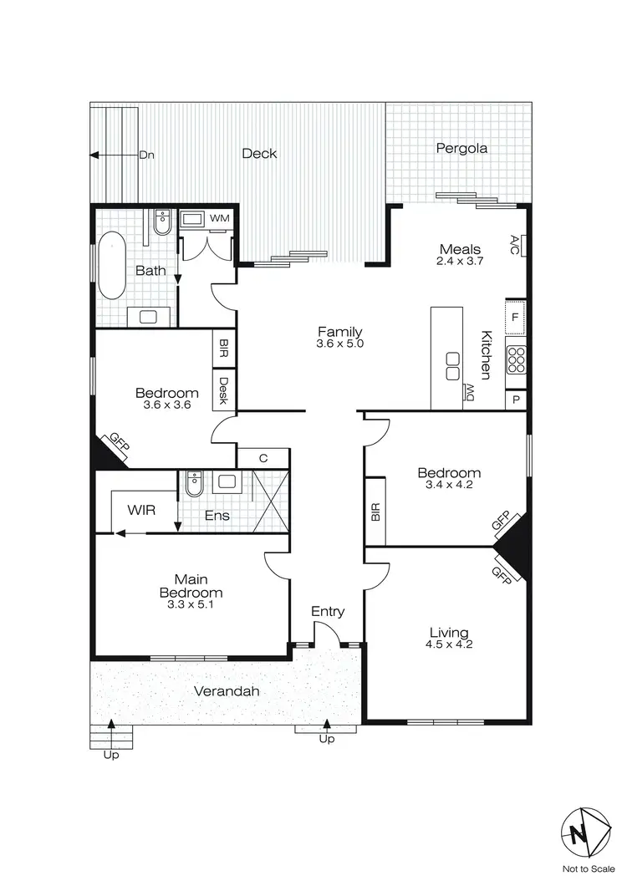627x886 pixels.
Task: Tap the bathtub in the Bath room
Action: (112, 266)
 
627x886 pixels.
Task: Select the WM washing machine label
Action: (219, 218)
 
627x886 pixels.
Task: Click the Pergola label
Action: (461, 149)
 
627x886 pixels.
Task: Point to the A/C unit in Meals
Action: (516, 245)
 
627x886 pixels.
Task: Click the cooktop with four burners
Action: (516, 360)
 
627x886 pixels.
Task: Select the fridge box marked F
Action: (516, 318)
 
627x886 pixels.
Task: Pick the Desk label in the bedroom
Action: (224, 391)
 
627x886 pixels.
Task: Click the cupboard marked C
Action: (263, 458)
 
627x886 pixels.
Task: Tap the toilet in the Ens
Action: (195, 482)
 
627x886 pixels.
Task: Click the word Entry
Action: (328, 611)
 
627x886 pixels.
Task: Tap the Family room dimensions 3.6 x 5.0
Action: (339, 344)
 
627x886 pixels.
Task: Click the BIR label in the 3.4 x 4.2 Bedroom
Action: (375, 512)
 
